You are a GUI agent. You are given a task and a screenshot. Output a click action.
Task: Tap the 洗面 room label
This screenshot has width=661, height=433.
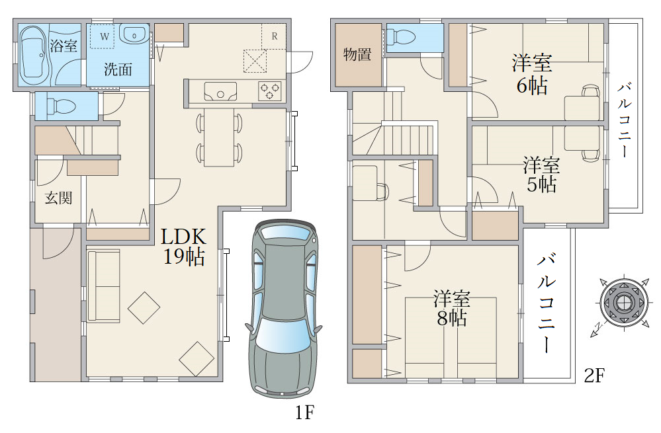(118, 69)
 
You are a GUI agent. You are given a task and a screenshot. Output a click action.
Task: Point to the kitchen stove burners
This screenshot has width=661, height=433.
(269, 91)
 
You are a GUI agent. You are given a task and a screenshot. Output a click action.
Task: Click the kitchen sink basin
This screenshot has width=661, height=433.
(220, 91)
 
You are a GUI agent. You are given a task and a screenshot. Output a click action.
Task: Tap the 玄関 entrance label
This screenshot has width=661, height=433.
(59, 198)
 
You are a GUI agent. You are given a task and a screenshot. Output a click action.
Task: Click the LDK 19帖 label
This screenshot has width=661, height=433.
(184, 247)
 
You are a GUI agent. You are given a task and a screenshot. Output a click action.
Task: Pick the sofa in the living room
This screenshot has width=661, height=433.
(104, 286)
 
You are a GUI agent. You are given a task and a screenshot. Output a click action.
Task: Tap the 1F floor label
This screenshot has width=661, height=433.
(304, 413)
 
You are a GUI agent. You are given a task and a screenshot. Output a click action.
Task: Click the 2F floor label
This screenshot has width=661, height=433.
(594, 375)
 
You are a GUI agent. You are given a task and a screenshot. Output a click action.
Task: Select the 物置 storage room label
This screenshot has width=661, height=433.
(357, 54)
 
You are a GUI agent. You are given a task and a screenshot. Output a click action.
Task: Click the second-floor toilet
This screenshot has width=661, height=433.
(402, 36)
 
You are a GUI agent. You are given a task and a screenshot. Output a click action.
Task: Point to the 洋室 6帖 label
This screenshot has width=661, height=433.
(532, 74)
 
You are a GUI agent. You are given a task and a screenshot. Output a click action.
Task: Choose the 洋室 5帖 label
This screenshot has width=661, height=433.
(541, 175)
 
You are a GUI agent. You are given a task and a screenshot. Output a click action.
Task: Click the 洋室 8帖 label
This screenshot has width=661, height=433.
(451, 308)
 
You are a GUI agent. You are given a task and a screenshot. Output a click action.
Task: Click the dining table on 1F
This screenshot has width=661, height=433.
(219, 138)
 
